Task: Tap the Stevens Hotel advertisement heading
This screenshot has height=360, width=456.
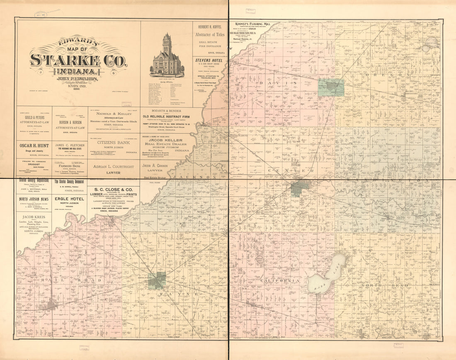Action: pos(209,61)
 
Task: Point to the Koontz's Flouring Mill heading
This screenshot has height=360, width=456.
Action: pos(253,24)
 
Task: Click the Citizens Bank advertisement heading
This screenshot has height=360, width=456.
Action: pos(114,142)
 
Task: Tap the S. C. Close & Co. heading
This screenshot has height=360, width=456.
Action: pos(113,190)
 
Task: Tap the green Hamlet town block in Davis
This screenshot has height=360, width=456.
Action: pos(331,88)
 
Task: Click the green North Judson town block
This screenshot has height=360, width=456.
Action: pos(157,281)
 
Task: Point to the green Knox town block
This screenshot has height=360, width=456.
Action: pos(299,187)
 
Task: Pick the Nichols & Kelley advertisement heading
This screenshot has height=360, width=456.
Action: pos(114,113)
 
